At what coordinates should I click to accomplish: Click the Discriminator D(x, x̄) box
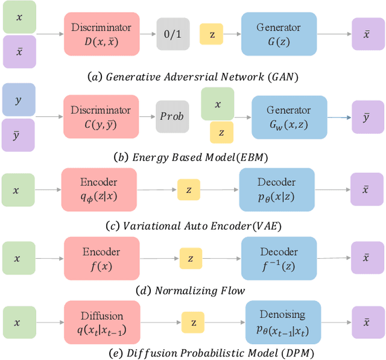[x=101, y=34]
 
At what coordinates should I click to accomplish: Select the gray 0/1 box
[x=172, y=34]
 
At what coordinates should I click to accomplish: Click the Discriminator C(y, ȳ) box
[x=101, y=116]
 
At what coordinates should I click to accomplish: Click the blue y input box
[x=19, y=99]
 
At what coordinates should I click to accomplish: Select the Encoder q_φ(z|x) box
[x=98, y=189]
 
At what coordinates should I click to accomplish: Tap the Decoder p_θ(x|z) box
[x=277, y=189]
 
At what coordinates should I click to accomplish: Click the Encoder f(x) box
[x=100, y=257]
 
